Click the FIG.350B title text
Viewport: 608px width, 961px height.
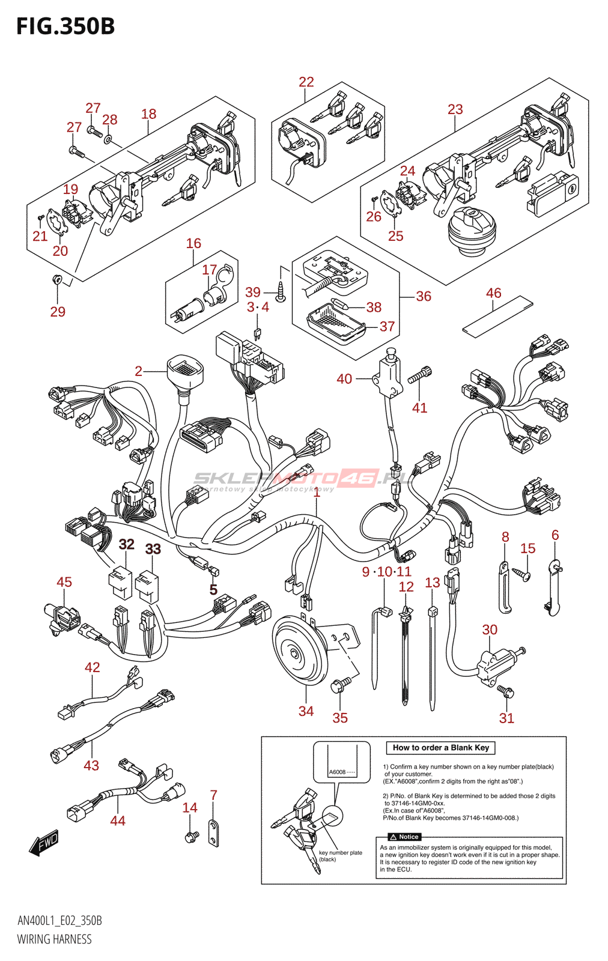point(65,26)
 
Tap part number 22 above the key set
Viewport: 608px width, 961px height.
point(306,82)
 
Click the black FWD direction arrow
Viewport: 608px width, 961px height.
point(44,843)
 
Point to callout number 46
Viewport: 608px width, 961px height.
point(493,293)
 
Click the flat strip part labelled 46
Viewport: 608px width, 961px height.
point(497,317)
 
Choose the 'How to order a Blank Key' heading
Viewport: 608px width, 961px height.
point(441,748)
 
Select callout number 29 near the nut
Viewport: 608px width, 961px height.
point(58,312)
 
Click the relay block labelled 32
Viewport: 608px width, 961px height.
point(120,582)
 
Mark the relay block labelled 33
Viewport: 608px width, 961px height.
point(148,586)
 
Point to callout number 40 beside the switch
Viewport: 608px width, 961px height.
point(344,379)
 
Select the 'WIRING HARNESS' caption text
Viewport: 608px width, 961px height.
point(54,939)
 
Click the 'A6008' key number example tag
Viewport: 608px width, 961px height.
point(338,772)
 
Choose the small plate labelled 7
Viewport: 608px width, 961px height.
point(214,832)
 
